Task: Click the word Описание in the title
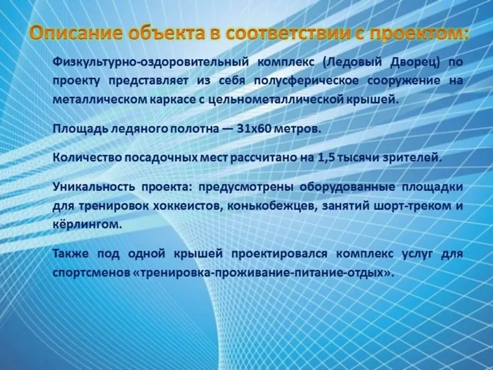pyautogui.click(x=72, y=32)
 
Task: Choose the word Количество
pyautogui.click(x=87, y=158)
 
